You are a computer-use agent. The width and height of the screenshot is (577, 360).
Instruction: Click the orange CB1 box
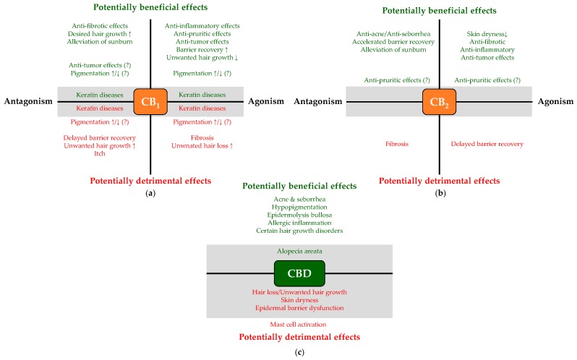pos(150,102)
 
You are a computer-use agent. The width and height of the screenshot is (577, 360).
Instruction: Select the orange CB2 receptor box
pos(439,102)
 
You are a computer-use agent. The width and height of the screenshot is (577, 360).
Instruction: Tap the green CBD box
pos(299,273)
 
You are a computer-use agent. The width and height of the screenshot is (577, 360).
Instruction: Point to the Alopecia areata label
pos(299,252)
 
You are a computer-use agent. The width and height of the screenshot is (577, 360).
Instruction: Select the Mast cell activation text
pos(299,325)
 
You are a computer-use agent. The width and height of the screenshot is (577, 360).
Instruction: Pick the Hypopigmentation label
pos(299,205)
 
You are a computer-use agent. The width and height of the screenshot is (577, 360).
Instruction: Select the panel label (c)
pos(299,352)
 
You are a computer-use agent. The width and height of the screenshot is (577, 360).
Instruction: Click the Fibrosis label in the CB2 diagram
pos(397,144)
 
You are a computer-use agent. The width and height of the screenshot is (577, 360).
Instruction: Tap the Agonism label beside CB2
pos(555,102)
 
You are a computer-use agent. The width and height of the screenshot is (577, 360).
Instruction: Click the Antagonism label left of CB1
pos(28,102)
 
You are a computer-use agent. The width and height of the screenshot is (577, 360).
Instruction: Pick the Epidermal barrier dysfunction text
pos(299,308)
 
